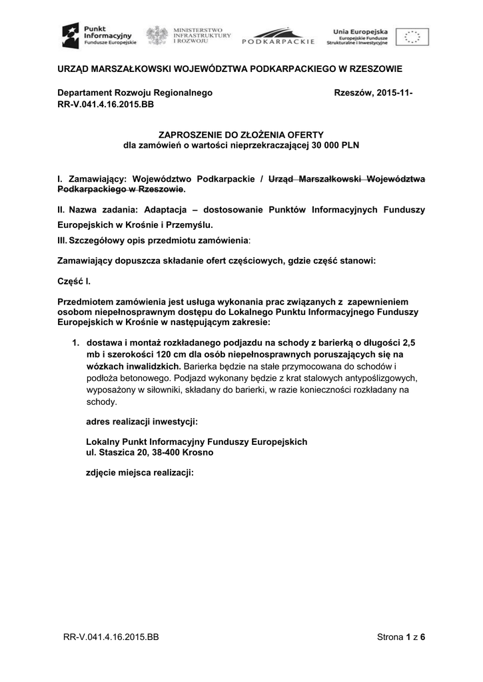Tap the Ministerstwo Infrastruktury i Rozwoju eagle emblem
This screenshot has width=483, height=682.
pyautogui.click(x=157, y=35)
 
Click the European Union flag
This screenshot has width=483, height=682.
pyautogui.click(x=412, y=36)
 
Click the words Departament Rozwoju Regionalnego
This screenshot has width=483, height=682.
pyautogui.click(x=135, y=93)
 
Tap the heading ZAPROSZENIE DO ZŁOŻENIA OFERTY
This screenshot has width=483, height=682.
pyautogui.click(x=241, y=135)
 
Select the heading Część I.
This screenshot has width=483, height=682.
pyautogui.click(x=74, y=282)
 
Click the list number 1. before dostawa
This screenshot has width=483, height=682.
pyautogui.click(x=76, y=342)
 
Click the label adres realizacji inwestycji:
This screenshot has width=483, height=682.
pyautogui.click(x=142, y=421)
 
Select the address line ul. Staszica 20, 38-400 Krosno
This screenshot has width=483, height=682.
pyautogui.click(x=151, y=451)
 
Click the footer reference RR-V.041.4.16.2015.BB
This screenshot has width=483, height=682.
pyautogui.click(x=111, y=637)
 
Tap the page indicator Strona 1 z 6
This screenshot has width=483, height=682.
pyautogui.click(x=401, y=637)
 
